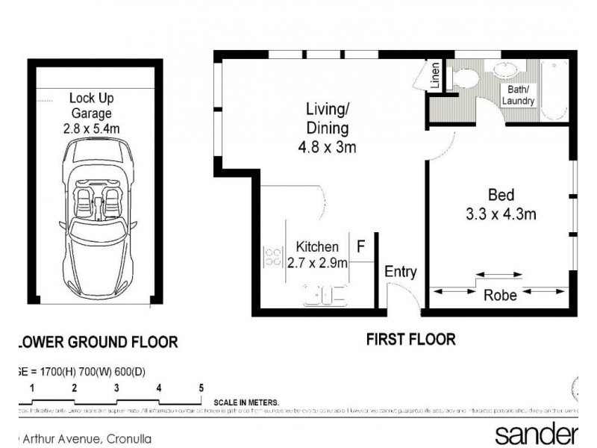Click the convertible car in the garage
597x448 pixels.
click(98, 214)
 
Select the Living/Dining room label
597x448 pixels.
click(327, 119)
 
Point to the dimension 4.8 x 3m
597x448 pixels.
click(327, 147)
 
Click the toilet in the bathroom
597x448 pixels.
click(464, 78)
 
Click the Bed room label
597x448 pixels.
click(501, 196)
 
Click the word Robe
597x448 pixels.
click(500, 295)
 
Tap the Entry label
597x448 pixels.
click(400, 272)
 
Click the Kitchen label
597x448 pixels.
click(317, 246)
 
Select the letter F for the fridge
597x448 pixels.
click(360, 246)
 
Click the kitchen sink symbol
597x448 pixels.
click(325, 296)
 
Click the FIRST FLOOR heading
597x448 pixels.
click(410, 340)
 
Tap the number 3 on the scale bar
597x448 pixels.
click(116, 388)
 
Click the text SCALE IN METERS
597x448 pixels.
click(246, 402)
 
